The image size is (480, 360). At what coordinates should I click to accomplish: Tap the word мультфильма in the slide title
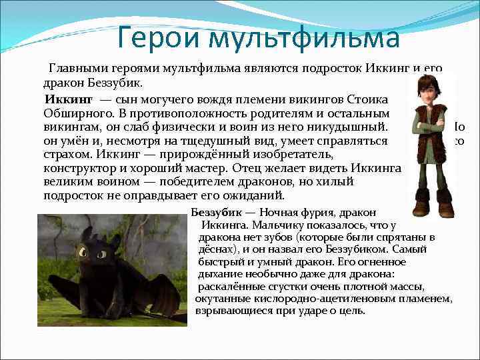304,38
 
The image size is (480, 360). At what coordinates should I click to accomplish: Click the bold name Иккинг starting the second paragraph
68,99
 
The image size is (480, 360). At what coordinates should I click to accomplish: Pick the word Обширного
74,112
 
